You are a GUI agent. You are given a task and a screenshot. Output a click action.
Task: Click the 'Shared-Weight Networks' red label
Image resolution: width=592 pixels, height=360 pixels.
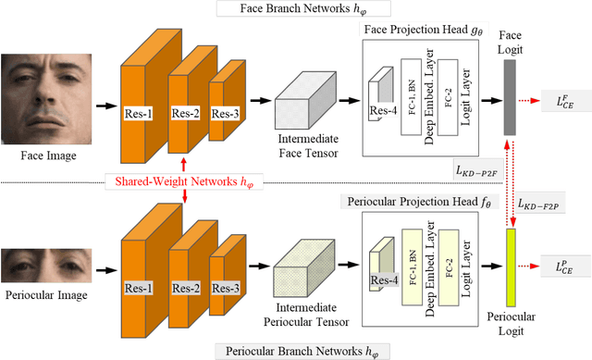click(x=185, y=180)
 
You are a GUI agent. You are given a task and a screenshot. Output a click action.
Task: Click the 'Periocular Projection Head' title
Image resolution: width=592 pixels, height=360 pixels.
click(x=415, y=200)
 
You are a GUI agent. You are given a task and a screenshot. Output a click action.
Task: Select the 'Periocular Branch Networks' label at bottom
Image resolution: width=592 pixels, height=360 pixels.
click(x=287, y=351)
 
